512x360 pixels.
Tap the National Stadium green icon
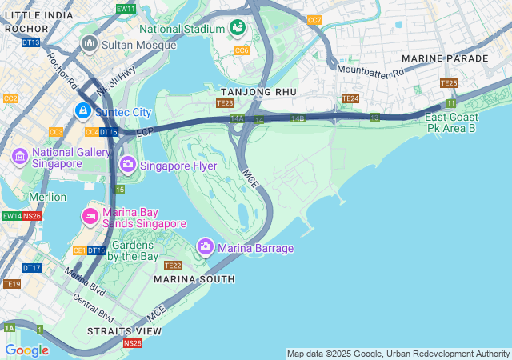238,29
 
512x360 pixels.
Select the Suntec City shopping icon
82,110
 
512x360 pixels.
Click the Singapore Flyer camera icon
127,165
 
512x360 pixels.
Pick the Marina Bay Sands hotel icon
90,216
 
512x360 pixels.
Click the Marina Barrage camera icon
205,247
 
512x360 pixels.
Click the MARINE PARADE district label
445,58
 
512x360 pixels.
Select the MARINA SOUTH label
194,279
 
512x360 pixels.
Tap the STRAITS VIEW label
124,330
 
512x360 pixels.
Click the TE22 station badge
173,266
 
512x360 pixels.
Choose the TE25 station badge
448,83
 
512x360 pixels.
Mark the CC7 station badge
314,20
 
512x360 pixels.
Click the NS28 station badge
133,343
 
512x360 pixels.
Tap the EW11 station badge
126,9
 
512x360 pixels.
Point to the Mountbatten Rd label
370,70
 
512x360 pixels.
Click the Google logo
26,350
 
